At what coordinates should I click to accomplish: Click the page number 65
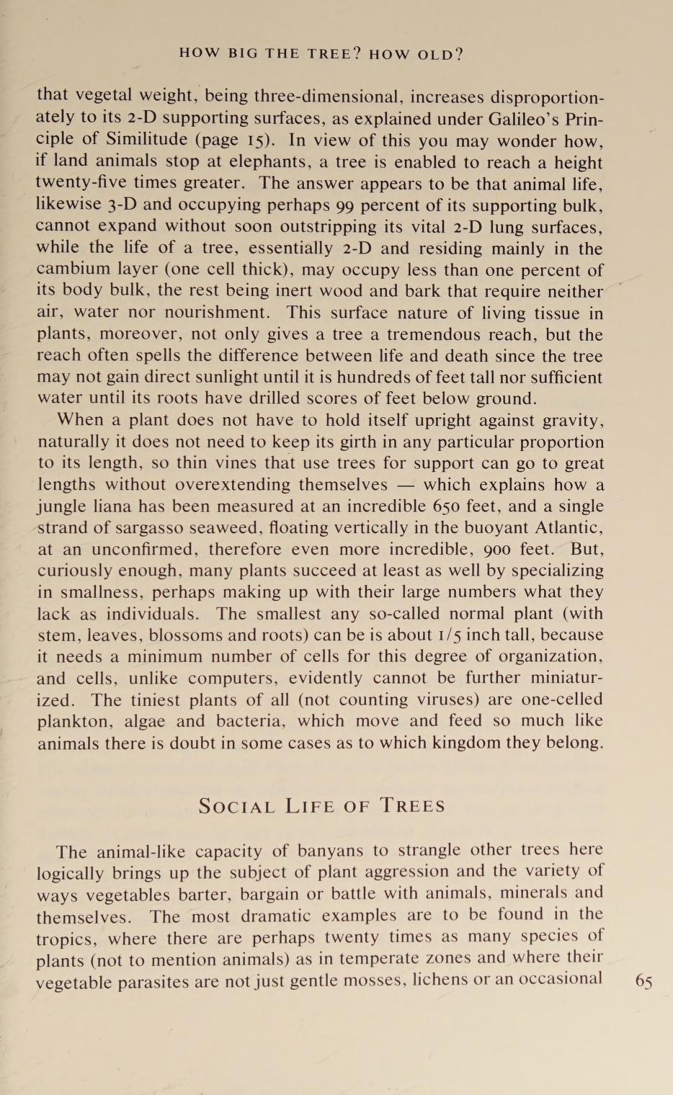643,983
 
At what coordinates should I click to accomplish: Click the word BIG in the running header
244,53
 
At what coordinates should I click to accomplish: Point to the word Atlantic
565,528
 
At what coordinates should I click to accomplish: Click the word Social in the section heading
236,806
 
